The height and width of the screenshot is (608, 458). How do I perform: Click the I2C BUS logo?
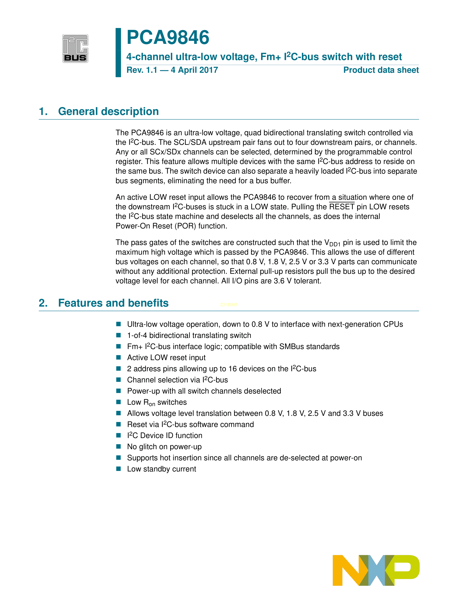(75, 48)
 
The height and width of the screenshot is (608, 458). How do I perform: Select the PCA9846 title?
(168, 37)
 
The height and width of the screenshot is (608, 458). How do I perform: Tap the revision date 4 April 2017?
(194, 70)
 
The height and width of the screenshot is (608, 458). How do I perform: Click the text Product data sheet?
(381, 70)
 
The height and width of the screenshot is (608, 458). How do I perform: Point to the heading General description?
(108, 111)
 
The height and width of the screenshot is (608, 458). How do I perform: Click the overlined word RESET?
(342, 207)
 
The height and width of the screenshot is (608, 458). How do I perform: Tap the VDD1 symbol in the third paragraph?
(332, 243)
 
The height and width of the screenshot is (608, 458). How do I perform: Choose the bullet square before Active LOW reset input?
(119, 357)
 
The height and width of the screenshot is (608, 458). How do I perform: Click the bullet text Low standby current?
(162, 469)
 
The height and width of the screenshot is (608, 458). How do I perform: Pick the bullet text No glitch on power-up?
(164, 447)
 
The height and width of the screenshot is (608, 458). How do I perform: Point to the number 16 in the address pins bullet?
(233, 369)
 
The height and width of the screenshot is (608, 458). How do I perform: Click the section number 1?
(43, 111)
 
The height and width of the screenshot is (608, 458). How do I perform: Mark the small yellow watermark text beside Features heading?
(229, 305)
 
